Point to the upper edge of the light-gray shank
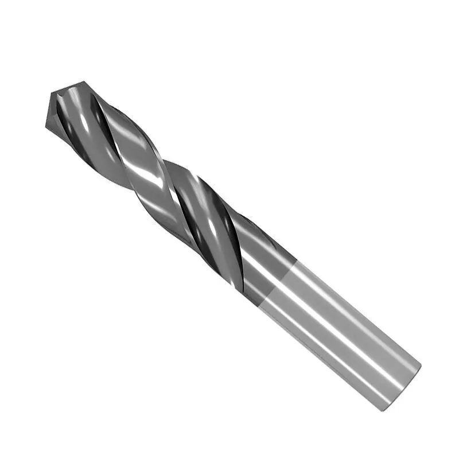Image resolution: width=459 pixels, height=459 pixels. [x=356, y=298]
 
